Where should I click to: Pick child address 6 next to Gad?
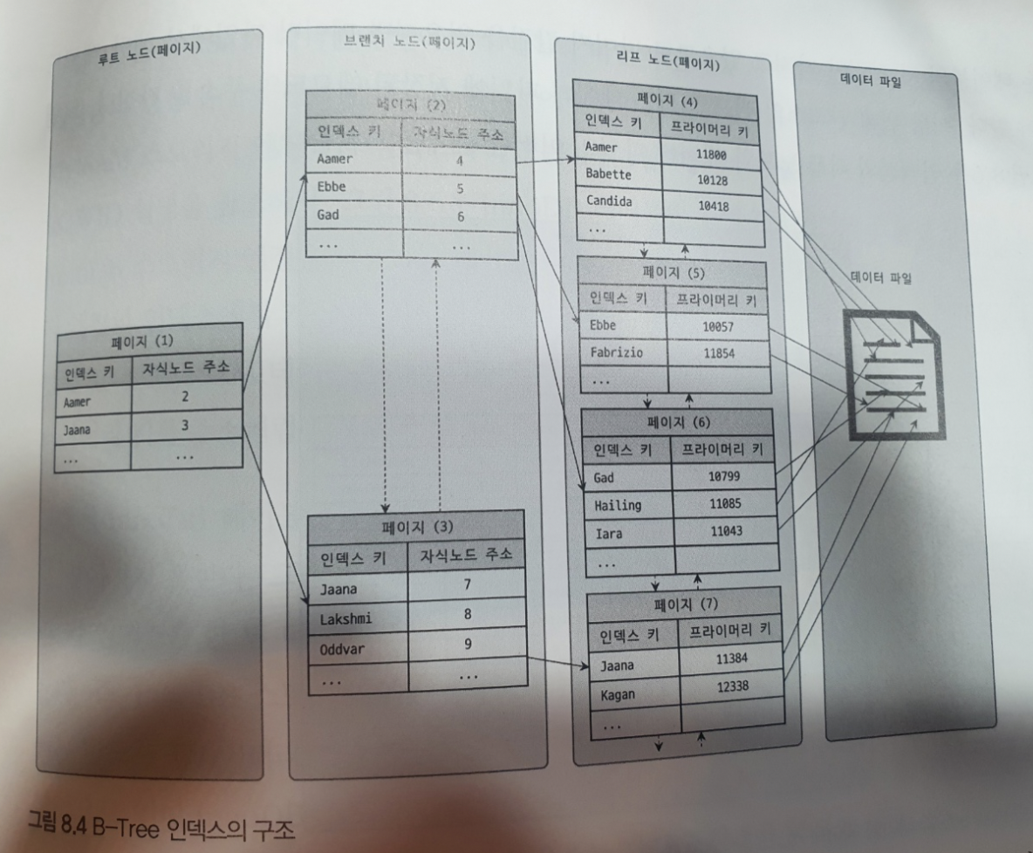(460, 216)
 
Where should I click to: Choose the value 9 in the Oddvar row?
(468, 645)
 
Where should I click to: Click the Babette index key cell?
(607, 174)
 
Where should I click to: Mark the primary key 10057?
(718, 327)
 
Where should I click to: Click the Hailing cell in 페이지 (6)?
(618, 504)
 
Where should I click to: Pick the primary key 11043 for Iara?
(725, 530)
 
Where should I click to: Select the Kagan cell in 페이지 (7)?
(619, 696)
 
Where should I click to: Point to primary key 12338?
(733, 687)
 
